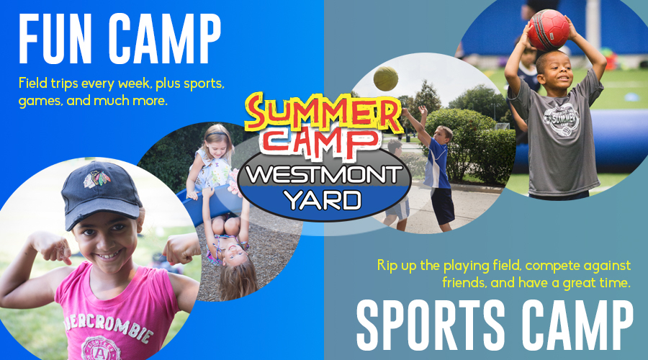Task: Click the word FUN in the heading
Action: coord(55,39)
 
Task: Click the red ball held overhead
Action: coord(549,30)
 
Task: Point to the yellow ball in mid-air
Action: coord(386,78)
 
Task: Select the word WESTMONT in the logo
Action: coord(325,175)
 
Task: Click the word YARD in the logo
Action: coord(324,200)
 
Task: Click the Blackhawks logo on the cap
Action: coord(96,178)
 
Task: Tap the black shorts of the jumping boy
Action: coord(442,205)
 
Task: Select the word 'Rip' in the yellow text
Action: coord(387,266)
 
